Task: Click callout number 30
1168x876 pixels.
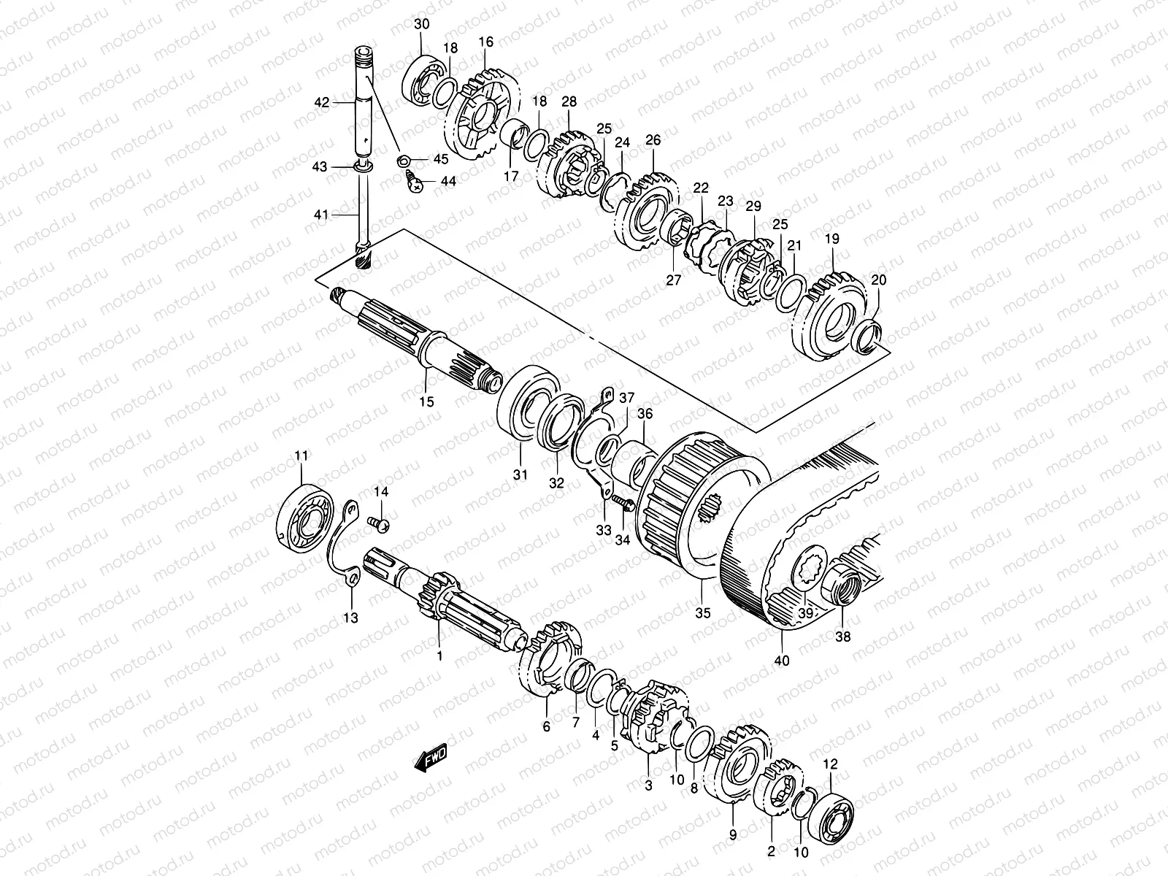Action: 421,24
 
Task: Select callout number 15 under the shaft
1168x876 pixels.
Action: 426,401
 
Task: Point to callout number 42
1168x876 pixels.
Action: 322,103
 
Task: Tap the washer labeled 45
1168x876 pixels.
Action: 403,159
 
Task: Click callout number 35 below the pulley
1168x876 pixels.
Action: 702,613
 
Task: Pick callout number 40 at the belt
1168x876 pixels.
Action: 783,661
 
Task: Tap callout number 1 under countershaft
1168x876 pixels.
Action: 439,656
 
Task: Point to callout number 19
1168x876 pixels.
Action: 832,239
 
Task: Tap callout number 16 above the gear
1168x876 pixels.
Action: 486,42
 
